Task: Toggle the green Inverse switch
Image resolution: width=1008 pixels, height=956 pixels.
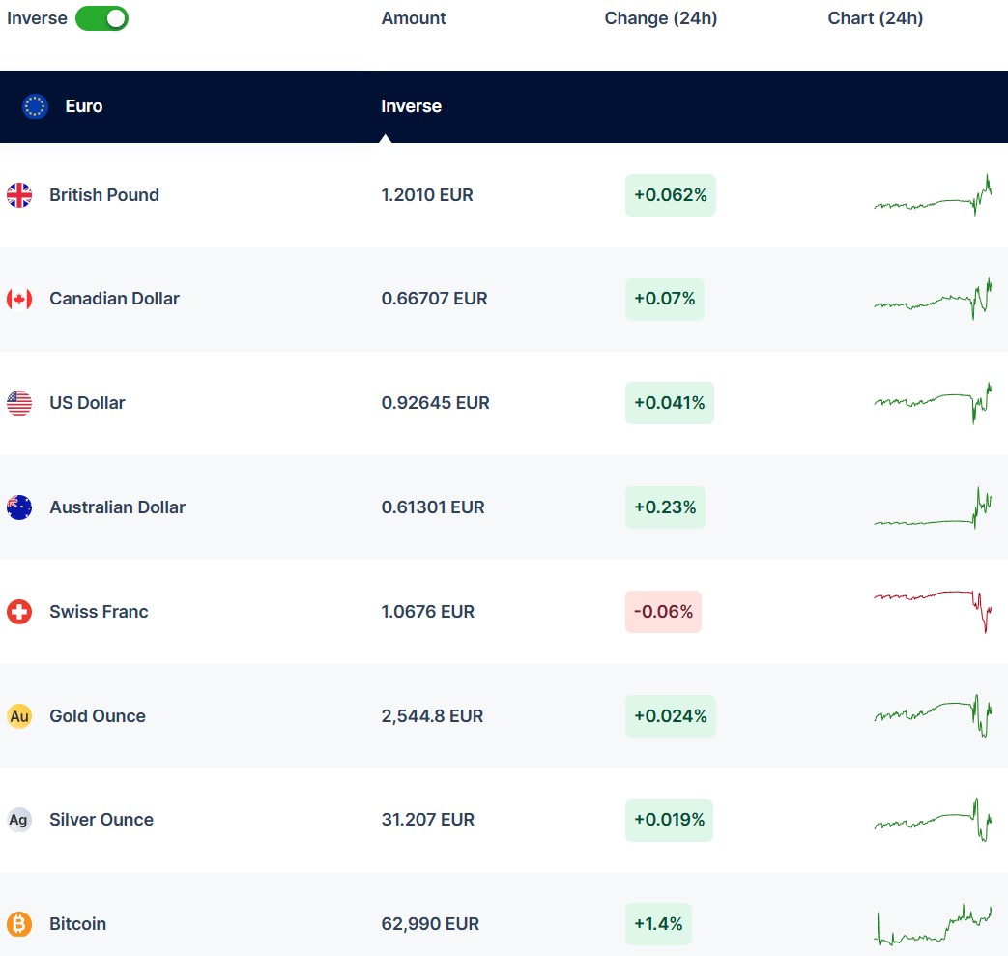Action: pos(101,18)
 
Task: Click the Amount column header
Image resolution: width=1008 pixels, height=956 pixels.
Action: pos(414,18)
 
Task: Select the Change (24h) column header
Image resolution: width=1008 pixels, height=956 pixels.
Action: pos(661,18)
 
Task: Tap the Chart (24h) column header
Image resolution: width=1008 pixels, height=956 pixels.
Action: pos(875,18)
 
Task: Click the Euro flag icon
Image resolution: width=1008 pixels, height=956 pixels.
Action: pos(35,106)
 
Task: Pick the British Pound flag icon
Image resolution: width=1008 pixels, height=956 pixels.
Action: pos(19,195)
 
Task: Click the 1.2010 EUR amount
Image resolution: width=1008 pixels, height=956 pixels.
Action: pos(427,195)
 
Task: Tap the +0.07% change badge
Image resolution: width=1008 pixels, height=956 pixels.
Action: pos(665,299)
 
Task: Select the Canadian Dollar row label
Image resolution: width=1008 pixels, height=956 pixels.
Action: pos(114,299)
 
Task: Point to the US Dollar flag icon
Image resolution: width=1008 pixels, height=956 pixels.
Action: pos(19,403)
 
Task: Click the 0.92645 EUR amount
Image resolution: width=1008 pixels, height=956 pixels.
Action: pos(435,403)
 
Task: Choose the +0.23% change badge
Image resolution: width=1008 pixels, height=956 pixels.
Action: pos(665,507)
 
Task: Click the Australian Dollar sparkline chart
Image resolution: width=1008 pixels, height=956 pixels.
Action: pos(933,509)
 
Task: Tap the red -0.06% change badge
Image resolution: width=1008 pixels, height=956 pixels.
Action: pos(663,612)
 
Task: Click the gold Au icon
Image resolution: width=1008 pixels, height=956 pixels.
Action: pos(19,716)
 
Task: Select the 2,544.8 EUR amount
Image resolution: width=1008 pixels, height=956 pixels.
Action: pos(432,716)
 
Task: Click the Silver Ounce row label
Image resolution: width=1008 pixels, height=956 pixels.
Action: pos(101,820)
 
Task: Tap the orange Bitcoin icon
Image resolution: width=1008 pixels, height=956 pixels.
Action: pos(19,924)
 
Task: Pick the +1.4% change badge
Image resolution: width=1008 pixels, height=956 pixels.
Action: pos(658,924)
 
